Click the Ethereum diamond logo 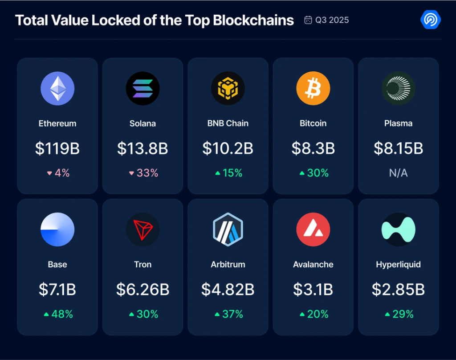[57, 88]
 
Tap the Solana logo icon [142, 88]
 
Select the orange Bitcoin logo [313, 88]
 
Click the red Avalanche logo [313, 229]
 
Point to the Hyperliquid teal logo [398, 229]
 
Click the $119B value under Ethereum [57, 148]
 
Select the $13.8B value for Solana [142, 148]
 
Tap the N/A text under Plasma [398, 173]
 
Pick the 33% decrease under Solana [147, 173]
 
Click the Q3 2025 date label [332, 20]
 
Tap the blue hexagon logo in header [430, 20]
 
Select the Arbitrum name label [228, 265]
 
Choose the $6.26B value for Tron [142, 290]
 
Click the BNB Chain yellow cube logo [228, 88]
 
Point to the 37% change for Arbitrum [232, 314]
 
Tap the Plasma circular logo [398, 88]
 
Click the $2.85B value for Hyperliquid [398, 290]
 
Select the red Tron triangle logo [142, 229]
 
